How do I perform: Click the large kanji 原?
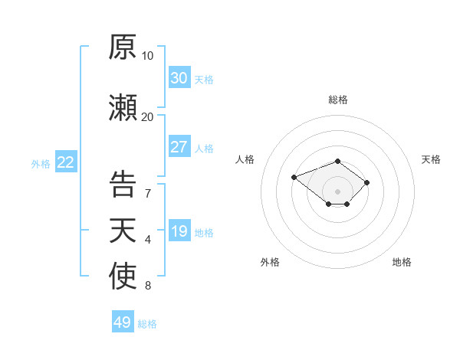(123, 47)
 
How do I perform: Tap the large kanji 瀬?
(123, 107)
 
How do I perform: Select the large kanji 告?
(123, 184)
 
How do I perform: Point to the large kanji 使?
(123, 276)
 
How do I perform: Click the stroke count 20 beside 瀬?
(147, 117)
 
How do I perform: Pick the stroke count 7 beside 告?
(148, 194)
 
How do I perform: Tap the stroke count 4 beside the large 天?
(148, 240)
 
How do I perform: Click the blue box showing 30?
(179, 77)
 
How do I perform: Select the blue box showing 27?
(179, 146)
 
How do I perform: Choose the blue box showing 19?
(179, 230)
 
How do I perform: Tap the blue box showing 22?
(66, 162)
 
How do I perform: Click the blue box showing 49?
(123, 321)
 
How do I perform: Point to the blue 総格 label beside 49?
(147, 324)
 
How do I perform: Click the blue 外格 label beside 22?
(41, 164)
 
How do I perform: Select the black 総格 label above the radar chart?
(338, 100)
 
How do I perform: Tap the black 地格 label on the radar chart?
(402, 262)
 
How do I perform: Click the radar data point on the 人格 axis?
(294, 177)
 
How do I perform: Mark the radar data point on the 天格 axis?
(366, 182)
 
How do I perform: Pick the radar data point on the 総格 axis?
(337, 162)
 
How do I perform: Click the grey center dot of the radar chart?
(337, 191)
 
